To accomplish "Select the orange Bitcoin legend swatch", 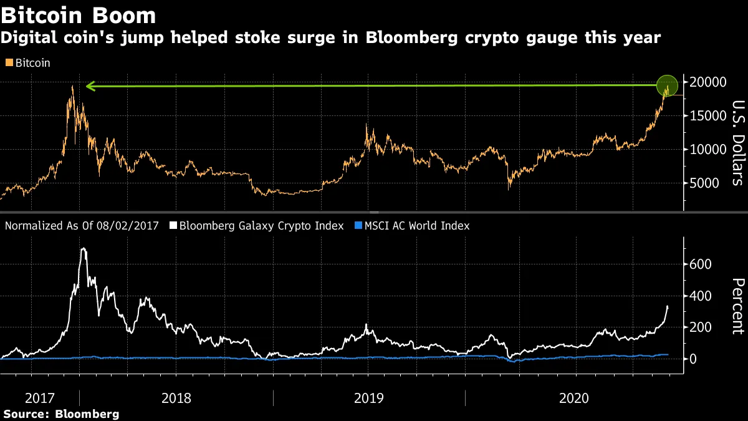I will pyautogui.click(x=8, y=63).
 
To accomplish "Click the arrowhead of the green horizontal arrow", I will pyautogui.click(x=90, y=86).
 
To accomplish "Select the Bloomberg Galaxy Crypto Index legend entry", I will pyautogui.click(x=261, y=226).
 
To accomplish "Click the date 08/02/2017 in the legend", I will pyautogui.click(x=132, y=226).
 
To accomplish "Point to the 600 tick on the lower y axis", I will pyautogui.click(x=701, y=264).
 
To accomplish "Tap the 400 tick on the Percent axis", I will pyautogui.click(x=701, y=296).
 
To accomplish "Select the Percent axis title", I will pyautogui.click(x=738, y=306).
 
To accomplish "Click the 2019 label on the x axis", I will pyautogui.click(x=368, y=397).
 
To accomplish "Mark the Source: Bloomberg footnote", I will pyautogui.click(x=61, y=414).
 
